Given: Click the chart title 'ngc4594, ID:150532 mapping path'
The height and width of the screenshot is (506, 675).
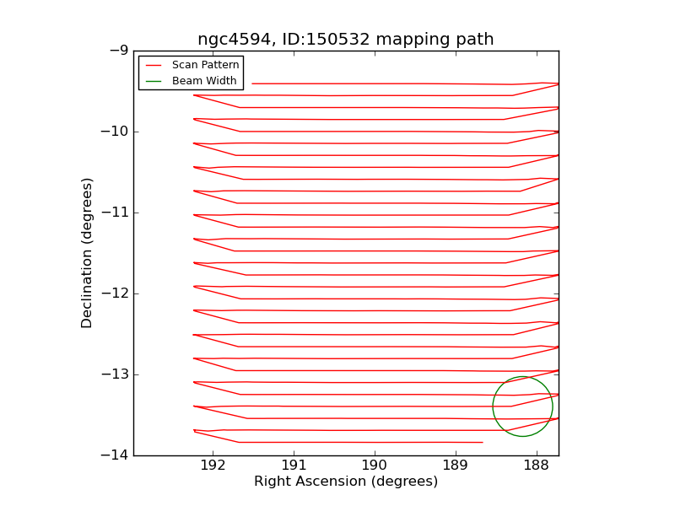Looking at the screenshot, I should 345,40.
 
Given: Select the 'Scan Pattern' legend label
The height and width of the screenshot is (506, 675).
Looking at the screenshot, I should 205,65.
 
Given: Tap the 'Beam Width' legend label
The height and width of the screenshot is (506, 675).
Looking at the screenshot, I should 204,81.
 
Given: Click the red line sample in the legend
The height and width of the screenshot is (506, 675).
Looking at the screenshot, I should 154,65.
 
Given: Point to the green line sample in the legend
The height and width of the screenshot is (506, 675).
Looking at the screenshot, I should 154,81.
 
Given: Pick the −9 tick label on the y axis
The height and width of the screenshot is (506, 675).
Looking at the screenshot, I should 117,51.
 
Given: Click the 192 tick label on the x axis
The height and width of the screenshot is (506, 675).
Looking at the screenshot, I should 213,466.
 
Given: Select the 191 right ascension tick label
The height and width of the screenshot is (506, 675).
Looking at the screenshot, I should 294,466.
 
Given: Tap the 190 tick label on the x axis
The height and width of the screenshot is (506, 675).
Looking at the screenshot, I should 375,466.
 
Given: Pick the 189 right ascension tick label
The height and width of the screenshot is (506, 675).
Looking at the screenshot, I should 455,466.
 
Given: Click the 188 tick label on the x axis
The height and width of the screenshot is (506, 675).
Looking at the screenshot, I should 536,466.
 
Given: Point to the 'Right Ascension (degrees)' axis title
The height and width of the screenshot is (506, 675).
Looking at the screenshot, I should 346,482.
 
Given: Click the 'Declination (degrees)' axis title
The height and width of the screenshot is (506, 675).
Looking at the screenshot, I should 87,253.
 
